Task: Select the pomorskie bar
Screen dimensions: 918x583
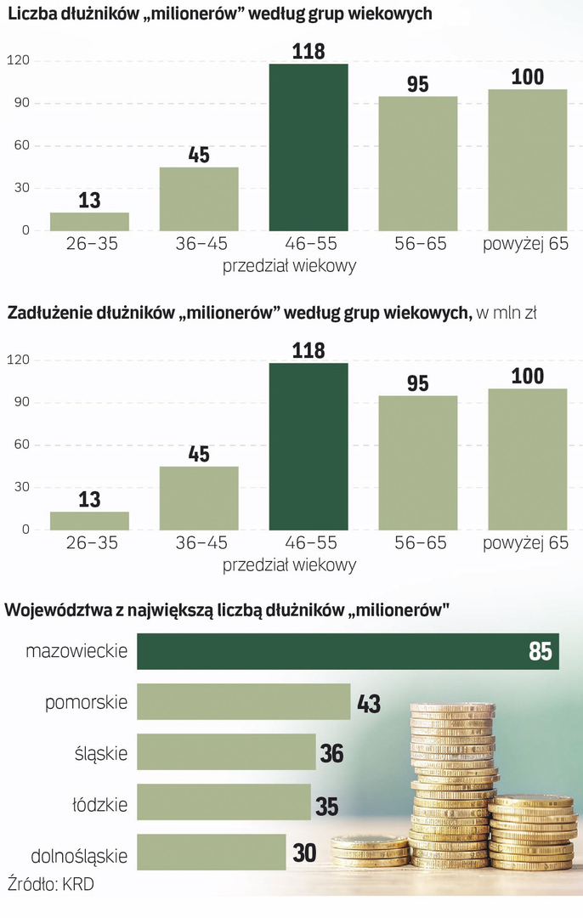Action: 244,702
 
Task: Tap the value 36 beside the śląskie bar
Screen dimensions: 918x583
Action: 331,753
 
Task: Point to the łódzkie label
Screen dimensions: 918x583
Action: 100,803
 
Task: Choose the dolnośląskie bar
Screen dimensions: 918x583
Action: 212,853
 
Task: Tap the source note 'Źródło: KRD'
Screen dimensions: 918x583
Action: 50,884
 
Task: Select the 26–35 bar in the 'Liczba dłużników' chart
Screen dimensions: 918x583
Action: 89,221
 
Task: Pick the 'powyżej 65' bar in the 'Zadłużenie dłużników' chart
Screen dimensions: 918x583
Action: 528,459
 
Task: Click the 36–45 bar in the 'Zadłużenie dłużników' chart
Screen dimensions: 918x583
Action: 199,497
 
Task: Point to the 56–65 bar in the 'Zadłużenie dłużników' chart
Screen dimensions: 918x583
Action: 418,462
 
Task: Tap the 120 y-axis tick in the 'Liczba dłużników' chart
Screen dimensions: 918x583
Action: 18,60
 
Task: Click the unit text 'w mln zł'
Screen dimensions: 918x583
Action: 507,314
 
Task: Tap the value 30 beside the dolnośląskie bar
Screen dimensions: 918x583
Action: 304,853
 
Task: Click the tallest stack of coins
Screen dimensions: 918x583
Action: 452,782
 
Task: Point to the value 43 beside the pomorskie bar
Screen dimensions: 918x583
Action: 368,704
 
